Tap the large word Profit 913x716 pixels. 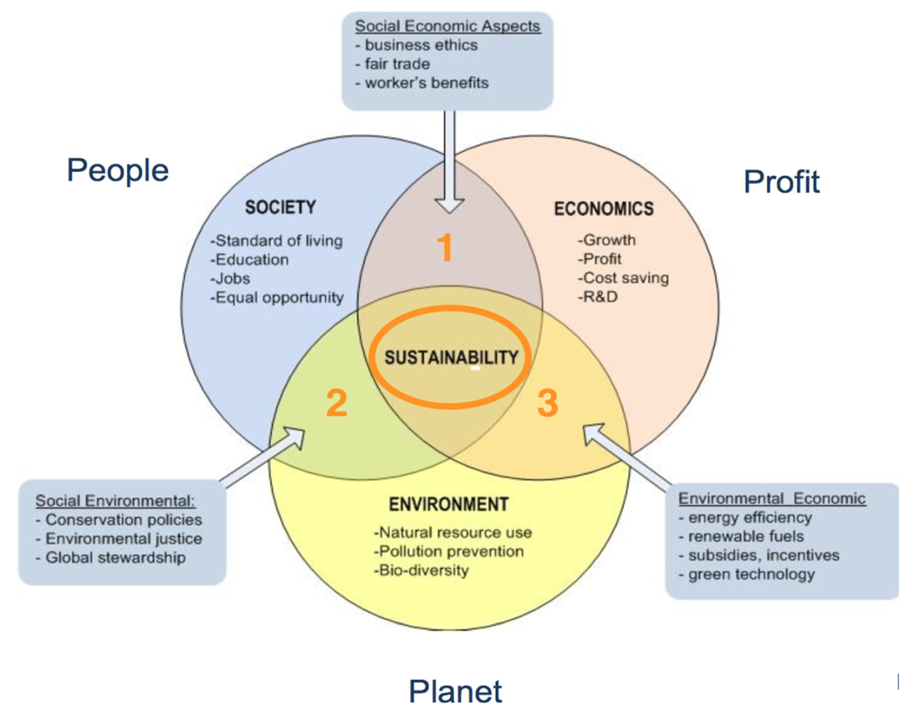[x=781, y=182]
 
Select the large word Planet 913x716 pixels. [x=455, y=692]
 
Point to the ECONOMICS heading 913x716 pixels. [x=604, y=209]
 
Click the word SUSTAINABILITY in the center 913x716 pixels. [x=451, y=357]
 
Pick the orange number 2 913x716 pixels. [x=336, y=403]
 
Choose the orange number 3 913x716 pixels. [x=548, y=403]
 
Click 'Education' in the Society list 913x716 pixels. [x=252, y=260]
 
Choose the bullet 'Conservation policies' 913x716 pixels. [x=123, y=520]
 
